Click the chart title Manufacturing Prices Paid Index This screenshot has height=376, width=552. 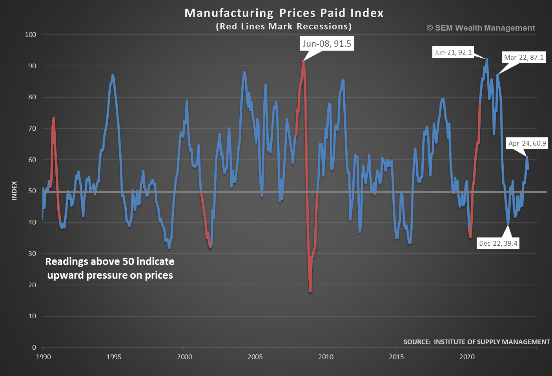coord(284,13)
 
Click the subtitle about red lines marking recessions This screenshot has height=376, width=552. coord(284,27)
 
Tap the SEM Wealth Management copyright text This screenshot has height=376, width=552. coord(481,28)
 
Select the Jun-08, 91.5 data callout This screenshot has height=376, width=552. coord(326,44)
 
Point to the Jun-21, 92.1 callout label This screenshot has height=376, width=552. coord(453,52)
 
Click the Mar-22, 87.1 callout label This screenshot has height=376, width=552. coord(524,57)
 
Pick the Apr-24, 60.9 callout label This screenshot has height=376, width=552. coord(527,143)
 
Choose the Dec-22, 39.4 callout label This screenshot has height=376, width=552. coord(498,243)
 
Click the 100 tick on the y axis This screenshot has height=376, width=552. coord(31,35)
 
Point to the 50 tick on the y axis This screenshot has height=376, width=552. coord(32,191)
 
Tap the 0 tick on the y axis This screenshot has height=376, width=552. coord(34,347)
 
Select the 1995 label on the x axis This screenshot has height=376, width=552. coord(114,357)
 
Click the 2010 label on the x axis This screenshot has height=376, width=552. coord(326,357)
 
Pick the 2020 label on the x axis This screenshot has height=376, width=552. coord(467,357)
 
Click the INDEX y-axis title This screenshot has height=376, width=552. coord(15,190)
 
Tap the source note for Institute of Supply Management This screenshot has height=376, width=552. coord(476,342)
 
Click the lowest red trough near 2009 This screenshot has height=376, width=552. coord(310,291)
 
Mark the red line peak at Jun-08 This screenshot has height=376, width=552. coord(303,61)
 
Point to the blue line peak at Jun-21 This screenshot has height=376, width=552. coord(487,59)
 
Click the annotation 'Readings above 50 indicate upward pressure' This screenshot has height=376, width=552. coord(110,268)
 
